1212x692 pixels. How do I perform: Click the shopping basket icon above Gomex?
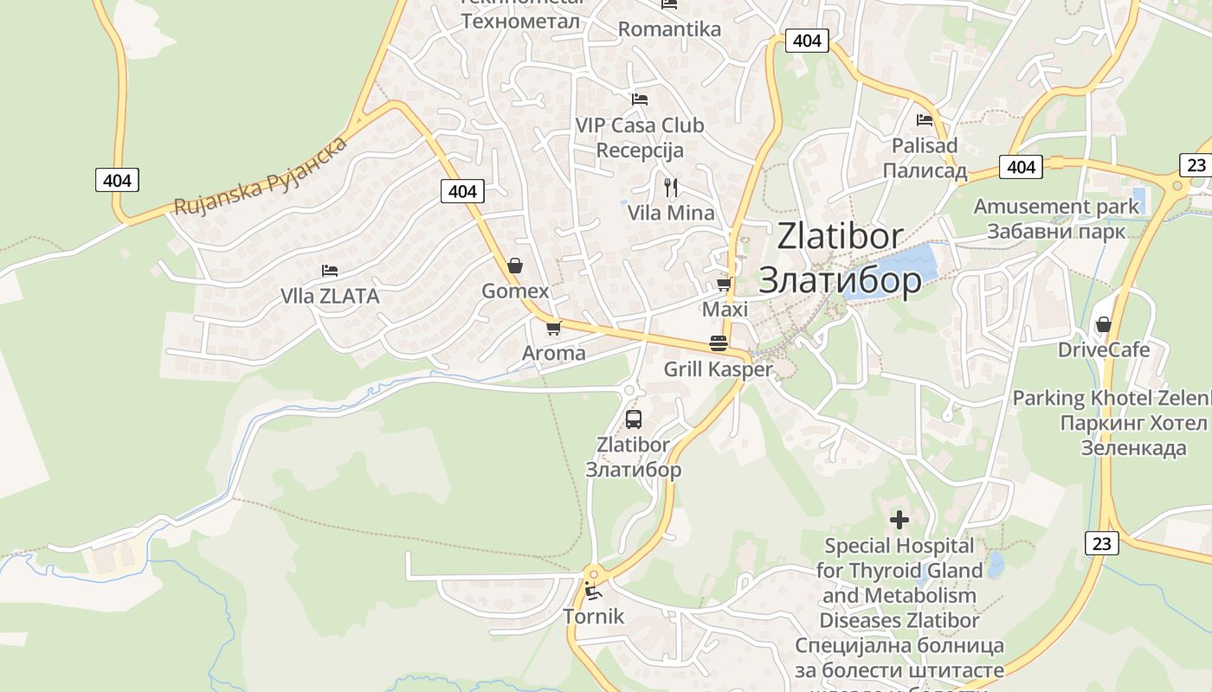[x=515, y=266]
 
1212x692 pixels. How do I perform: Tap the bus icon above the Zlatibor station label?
[x=634, y=420]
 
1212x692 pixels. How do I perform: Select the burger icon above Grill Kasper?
[x=718, y=343]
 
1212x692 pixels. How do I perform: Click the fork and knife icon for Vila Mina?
[x=670, y=187]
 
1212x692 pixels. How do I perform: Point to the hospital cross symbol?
[x=899, y=520]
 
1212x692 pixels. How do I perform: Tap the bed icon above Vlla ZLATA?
[x=329, y=271]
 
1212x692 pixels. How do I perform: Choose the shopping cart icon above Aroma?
[x=553, y=328]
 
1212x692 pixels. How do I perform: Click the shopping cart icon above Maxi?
[x=725, y=284]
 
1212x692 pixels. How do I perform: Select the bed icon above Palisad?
[x=925, y=120]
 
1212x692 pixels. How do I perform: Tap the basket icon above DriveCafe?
[x=1103, y=324]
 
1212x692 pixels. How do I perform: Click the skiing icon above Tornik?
[x=594, y=592]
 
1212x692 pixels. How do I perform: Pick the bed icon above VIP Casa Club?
[x=640, y=99]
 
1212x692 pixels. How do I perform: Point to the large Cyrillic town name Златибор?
[x=840, y=279]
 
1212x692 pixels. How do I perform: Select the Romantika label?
[x=669, y=29]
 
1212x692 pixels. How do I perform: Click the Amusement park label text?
[x=1056, y=207]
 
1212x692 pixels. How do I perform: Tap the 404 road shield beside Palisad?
[x=1022, y=166]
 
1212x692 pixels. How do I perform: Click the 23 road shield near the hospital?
[x=1101, y=542]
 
